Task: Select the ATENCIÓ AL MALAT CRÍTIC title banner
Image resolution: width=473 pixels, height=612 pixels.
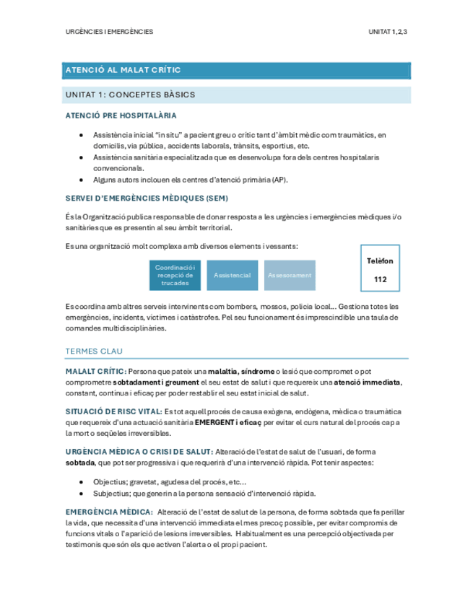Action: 123,70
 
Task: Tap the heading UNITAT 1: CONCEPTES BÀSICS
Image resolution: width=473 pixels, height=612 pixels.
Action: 130,95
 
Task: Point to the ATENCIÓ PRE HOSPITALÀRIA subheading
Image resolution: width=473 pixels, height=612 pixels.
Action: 121,115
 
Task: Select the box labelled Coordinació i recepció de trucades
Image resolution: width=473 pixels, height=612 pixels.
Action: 175,275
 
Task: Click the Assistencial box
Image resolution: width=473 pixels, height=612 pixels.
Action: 233,275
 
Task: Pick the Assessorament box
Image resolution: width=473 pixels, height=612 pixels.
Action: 290,275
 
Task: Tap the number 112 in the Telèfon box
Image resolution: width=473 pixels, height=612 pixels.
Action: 380,278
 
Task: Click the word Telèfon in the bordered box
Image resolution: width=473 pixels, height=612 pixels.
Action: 380,261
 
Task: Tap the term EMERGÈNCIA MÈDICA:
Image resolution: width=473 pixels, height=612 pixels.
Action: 104,512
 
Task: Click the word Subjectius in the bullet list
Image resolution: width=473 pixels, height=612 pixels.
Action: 112,494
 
